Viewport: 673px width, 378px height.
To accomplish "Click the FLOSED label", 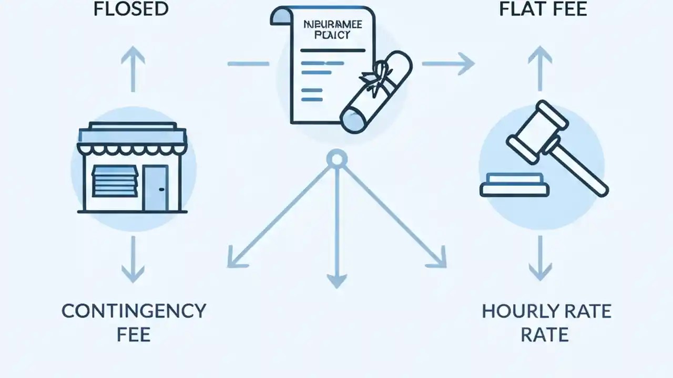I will [x=131, y=9].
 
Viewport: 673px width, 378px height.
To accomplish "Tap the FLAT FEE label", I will [x=543, y=9].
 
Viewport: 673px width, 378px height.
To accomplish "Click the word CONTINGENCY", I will [x=134, y=311].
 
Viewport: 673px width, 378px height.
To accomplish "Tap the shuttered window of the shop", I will [x=114, y=181].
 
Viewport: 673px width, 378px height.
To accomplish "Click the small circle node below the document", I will [x=336, y=158].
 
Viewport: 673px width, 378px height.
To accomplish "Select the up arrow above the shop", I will [x=132, y=68].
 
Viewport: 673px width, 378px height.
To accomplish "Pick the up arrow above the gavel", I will [x=540, y=68].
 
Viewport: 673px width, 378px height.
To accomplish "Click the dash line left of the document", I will [x=248, y=64].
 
